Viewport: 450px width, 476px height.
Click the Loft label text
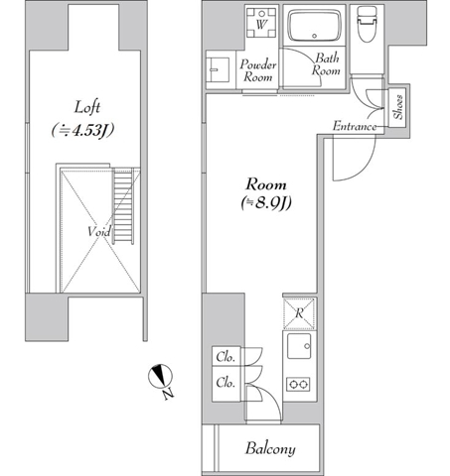86,108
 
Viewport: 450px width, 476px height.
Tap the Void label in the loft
99,231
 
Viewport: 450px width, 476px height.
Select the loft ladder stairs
123,206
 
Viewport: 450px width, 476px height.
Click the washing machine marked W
261,23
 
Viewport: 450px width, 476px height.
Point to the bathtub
314,25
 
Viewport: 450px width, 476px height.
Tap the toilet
367,24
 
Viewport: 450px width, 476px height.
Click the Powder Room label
258,70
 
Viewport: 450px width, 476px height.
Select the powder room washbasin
218,69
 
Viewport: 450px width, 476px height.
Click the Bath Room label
326,64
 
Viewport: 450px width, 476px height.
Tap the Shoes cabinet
397,108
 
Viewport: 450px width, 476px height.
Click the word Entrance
355,126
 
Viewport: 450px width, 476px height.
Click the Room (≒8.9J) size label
266,194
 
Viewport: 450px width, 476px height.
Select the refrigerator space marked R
299,313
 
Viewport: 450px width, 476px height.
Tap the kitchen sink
299,346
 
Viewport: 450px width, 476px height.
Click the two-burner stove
298,384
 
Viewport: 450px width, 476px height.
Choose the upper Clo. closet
226,356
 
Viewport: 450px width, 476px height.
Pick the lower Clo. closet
226,384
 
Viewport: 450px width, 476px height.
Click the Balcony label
270,449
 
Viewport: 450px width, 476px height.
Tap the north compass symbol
160,376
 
